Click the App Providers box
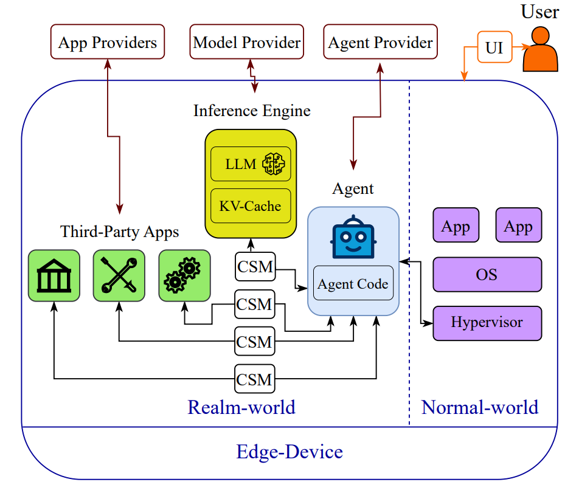(108, 42)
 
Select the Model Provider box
(247, 42)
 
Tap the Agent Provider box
(380, 42)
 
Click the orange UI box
(494, 47)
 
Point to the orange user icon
(540, 49)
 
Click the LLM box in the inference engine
(251, 164)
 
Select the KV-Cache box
(251, 206)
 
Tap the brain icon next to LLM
(273, 164)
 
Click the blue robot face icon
(353, 237)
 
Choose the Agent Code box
(353, 283)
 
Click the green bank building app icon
(54, 276)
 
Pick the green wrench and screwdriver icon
(119, 276)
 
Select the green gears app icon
(185, 276)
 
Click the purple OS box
(487, 275)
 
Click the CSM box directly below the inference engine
(255, 266)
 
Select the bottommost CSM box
(255, 379)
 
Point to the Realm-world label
(241, 407)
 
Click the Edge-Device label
(289, 452)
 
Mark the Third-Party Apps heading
(119, 232)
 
